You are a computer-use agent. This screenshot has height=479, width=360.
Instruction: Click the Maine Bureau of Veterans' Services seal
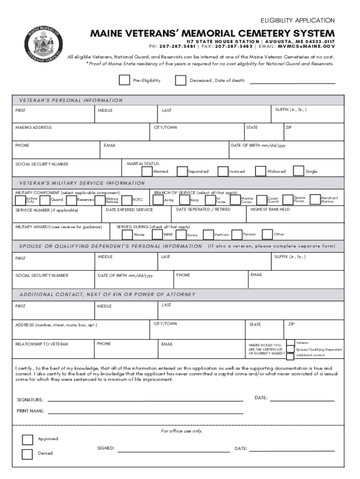(x=43, y=45)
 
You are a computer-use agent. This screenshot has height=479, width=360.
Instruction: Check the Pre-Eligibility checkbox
(x=124, y=80)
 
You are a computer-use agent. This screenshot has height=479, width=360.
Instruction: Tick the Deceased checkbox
(x=180, y=80)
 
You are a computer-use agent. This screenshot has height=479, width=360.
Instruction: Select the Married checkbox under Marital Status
(x=147, y=172)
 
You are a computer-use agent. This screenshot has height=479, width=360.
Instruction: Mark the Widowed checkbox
(x=261, y=172)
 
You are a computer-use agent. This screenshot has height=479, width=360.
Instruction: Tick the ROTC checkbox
(x=126, y=200)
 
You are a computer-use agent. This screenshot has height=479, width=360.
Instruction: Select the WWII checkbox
(x=157, y=234)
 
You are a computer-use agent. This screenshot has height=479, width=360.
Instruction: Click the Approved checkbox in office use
(x=28, y=439)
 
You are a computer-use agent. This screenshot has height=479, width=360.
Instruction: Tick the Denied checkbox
(x=28, y=454)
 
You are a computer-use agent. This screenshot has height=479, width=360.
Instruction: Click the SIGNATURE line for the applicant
(x=145, y=400)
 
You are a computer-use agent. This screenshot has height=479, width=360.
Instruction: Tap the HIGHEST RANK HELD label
(x=270, y=210)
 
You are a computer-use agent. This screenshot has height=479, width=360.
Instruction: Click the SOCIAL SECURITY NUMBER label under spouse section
(x=42, y=276)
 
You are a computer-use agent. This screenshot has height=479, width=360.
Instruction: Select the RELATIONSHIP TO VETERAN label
(x=42, y=344)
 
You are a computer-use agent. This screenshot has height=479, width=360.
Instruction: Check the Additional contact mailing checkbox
(x=290, y=356)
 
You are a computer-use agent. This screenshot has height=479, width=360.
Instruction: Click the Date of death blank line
(x=292, y=82)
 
